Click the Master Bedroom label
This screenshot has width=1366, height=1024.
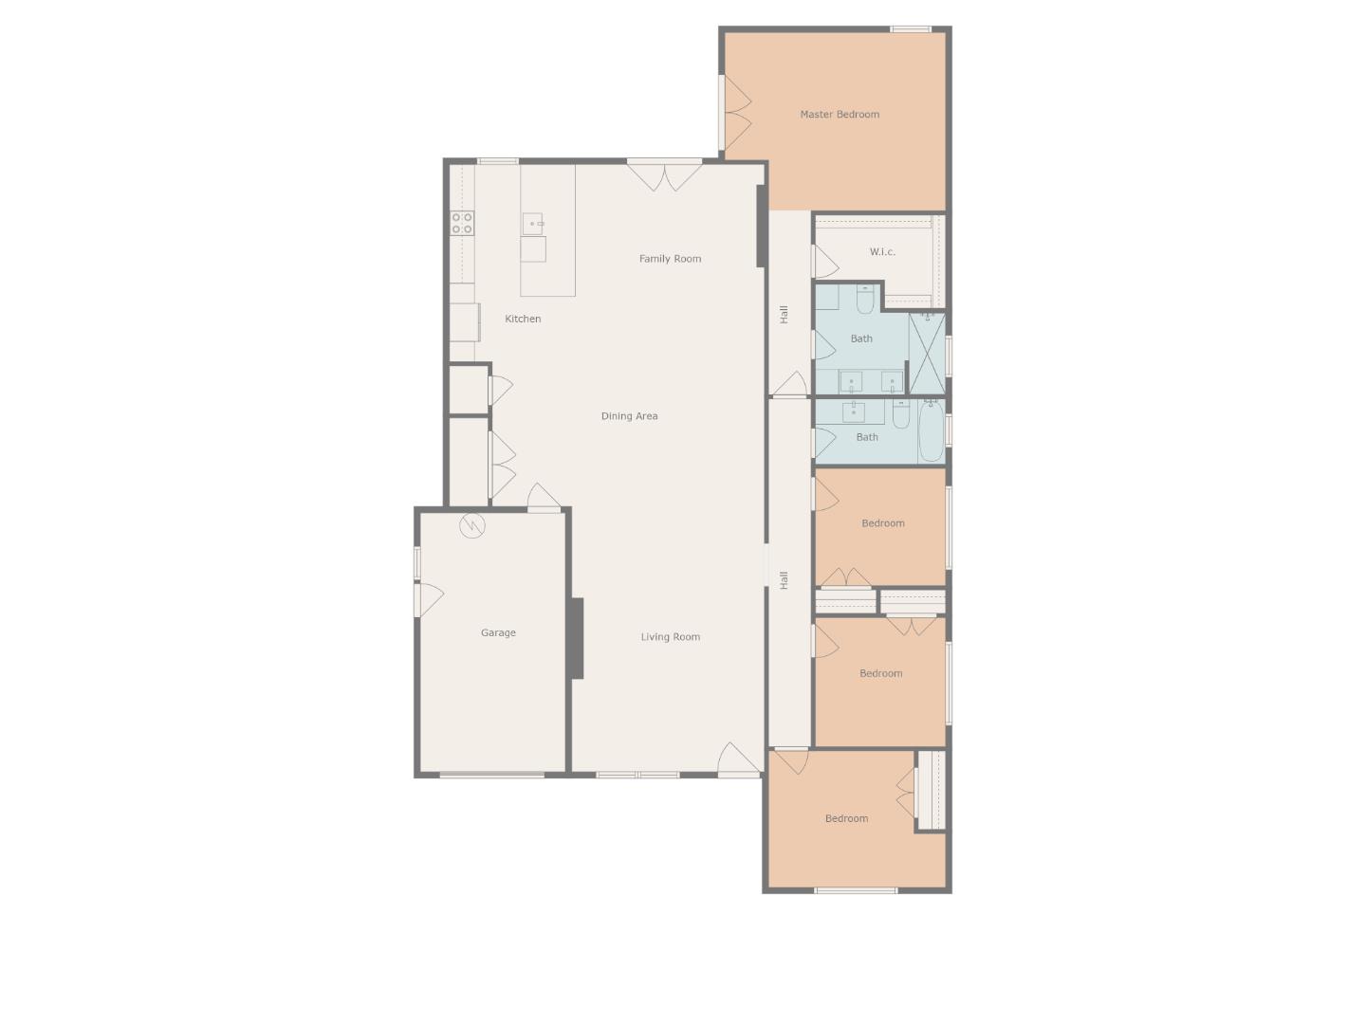(x=840, y=115)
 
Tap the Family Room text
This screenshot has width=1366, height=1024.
(x=670, y=259)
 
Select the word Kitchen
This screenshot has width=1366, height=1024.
(x=523, y=320)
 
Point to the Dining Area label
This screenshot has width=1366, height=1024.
(x=629, y=416)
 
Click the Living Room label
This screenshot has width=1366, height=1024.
(x=670, y=637)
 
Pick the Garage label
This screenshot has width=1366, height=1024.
(x=498, y=633)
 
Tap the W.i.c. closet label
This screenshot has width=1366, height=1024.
(x=882, y=252)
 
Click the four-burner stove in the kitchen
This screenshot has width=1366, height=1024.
(x=462, y=223)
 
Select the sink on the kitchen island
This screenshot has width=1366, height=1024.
(x=533, y=225)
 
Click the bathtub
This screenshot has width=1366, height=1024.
(x=932, y=431)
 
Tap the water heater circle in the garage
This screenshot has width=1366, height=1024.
(x=472, y=525)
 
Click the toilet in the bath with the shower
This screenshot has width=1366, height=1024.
(x=865, y=301)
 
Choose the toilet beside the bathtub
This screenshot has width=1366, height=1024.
(x=900, y=413)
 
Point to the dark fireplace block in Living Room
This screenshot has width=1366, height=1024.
(x=576, y=638)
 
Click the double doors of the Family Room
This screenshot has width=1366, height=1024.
(x=664, y=175)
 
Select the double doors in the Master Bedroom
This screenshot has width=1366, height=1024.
(x=736, y=114)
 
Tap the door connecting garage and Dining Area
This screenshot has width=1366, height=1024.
(x=544, y=497)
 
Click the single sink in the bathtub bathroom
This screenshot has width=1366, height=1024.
(x=854, y=411)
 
